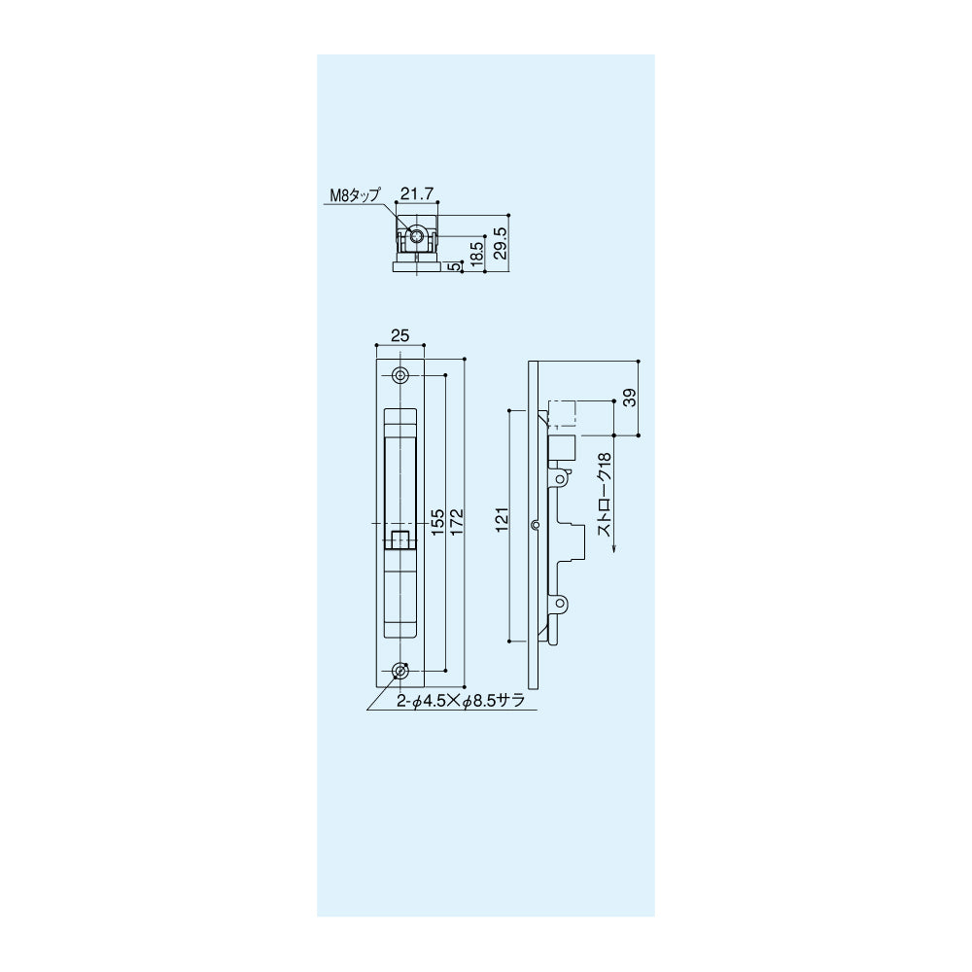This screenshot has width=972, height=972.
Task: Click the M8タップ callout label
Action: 353,196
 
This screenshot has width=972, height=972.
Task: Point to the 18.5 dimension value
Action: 476,251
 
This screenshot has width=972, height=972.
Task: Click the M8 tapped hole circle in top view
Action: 417,237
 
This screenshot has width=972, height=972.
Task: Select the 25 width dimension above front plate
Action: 399,335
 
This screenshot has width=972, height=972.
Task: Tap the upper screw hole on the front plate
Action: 400,377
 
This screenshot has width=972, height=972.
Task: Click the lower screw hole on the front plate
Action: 400,671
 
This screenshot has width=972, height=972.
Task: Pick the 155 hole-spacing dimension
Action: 437,523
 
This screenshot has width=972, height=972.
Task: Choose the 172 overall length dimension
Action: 458,523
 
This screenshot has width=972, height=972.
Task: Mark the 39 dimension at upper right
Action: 630,399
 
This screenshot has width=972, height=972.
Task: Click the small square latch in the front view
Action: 399,539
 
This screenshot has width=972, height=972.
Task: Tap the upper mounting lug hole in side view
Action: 561,479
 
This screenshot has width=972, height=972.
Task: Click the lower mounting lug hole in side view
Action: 561,605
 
